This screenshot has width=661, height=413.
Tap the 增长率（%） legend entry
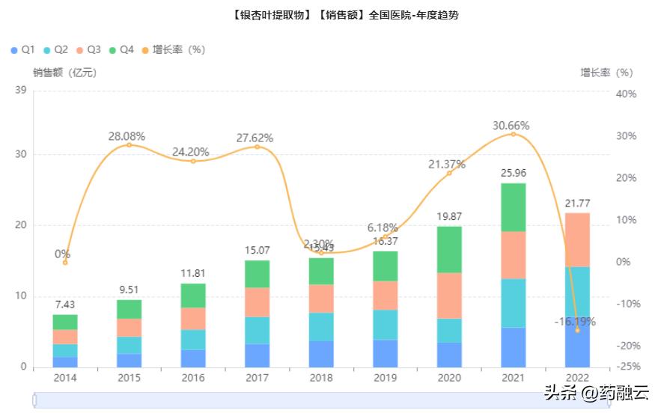click(x=173, y=49)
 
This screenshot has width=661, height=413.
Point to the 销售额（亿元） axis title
click(x=64, y=73)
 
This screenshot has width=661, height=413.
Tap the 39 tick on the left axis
click(x=21, y=91)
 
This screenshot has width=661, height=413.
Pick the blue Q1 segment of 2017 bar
click(x=258, y=355)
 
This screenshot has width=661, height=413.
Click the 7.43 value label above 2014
click(x=65, y=305)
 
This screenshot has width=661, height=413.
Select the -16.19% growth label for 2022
click(x=574, y=322)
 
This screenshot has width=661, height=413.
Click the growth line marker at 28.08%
click(x=129, y=144)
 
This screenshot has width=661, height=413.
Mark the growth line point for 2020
click(x=449, y=173)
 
